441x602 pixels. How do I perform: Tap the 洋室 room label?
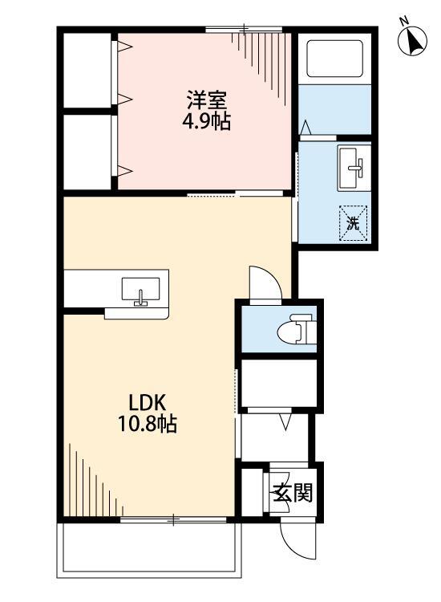coord(207,102)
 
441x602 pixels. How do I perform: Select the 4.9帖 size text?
coord(207,124)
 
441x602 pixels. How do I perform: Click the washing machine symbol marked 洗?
coord(354,220)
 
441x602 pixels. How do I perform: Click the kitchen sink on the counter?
coord(141,290)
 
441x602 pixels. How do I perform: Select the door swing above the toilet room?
coord(264,283)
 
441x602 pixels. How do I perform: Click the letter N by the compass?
coord(405,20)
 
